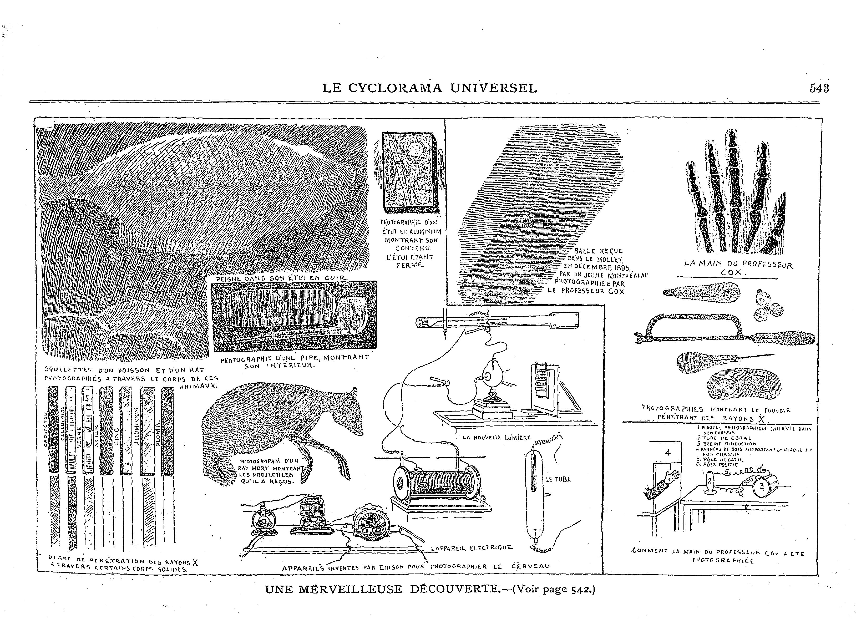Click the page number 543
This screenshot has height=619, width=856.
[819, 88]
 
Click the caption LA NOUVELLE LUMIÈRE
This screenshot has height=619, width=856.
[496, 438]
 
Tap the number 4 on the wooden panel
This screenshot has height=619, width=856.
[668, 453]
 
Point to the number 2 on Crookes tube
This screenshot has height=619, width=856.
[709, 481]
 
